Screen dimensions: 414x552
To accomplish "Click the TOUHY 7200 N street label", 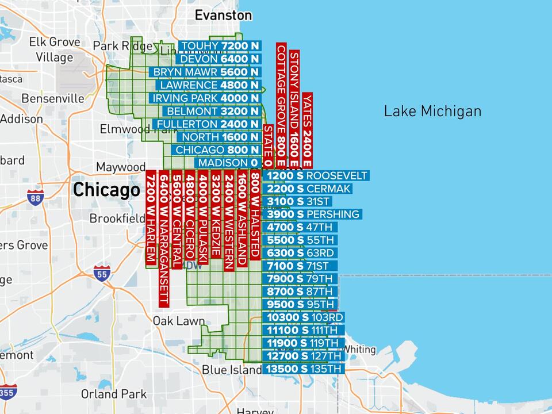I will pyautogui.click(x=220, y=46).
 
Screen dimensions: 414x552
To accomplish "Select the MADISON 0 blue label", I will pyautogui.click(x=228, y=163).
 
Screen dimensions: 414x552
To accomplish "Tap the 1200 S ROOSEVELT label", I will pyautogui.click(x=316, y=175).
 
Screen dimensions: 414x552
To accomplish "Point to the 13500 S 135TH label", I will pyautogui.click(x=304, y=369).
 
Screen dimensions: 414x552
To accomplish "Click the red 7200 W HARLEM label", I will pyautogui.click(x=151, y=218).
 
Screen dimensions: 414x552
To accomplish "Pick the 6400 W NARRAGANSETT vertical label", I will pyautogui.click(x=164, y=238).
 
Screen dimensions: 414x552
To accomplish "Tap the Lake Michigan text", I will pyautogui.click(x=432, y=111).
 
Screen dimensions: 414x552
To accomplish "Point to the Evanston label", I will pyautogui.click(x=223, y=15).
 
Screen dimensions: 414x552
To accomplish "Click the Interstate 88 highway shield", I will pyautogui.click(x=35, y=197).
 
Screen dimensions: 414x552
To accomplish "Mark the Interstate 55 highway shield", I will pyautogui.click(x=102, y=274).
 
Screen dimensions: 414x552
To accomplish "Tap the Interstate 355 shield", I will pyautogui.click(x=7, y=392).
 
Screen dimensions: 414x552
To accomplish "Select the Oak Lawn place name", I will pyautogui.click(x=178, y=321).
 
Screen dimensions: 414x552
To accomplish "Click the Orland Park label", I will pyautogui.click(x=113, y=394).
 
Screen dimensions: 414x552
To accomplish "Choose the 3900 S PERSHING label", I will pyautogui.click(x=312, y=214).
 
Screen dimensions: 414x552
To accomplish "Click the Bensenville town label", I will pyautogui.click(x=53, y=98).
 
